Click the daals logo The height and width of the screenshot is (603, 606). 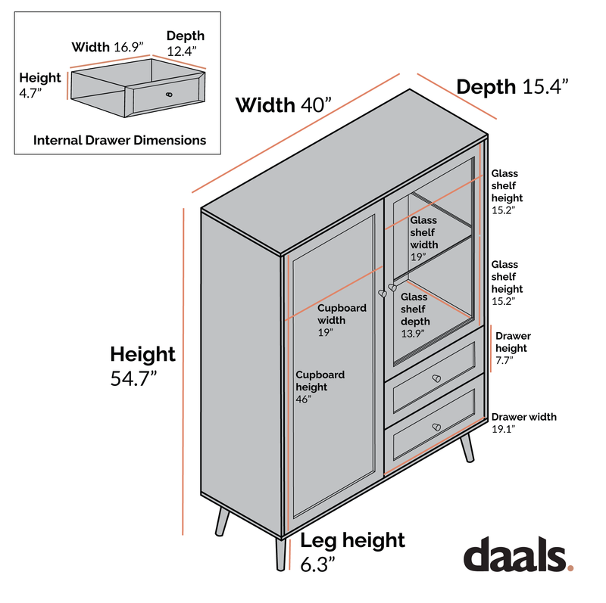(x=518, y=554)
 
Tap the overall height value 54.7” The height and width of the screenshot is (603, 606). (x=134, y=378)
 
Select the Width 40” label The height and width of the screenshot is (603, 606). (x=283, y=105)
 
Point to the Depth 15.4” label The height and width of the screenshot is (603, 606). (x=513, y=86)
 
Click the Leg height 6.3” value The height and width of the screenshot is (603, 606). (x=317, y=564)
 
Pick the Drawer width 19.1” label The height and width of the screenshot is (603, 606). (x=523, y=423)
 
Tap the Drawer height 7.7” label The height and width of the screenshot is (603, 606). (x=513, y=348)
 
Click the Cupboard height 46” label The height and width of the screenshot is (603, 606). (x=320, y=387)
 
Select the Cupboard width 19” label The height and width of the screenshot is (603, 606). (x=342, y=320)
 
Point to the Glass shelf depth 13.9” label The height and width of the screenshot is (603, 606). (x=415, y=315)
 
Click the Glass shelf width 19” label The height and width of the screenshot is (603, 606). (x=424, y=238)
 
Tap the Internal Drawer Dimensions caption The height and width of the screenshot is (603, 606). (x=120, y=140)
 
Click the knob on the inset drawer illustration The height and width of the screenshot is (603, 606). (x=169, y=95)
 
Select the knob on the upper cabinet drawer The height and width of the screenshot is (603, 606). (x=436, y=378)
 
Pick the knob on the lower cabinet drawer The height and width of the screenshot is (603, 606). (x=436, y=427)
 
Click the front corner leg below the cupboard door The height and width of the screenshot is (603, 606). (x=281, y=554)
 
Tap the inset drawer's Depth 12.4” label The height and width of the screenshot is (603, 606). (x=186, y=43)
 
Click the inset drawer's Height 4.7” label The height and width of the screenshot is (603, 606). (x=40, y=85)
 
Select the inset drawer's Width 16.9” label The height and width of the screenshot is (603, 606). (x=108, y=47)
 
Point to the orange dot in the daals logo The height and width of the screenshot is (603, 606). (x=570, y=567)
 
